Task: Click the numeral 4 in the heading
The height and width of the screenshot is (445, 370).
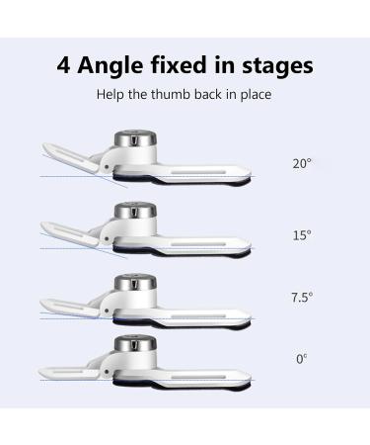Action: point(64,67)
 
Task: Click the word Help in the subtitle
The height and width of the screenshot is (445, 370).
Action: point(111,97)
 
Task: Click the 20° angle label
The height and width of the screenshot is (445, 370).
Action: point(302,163)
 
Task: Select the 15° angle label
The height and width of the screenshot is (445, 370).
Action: point(302,235)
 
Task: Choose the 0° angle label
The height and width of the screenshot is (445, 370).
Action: point(301,359)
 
